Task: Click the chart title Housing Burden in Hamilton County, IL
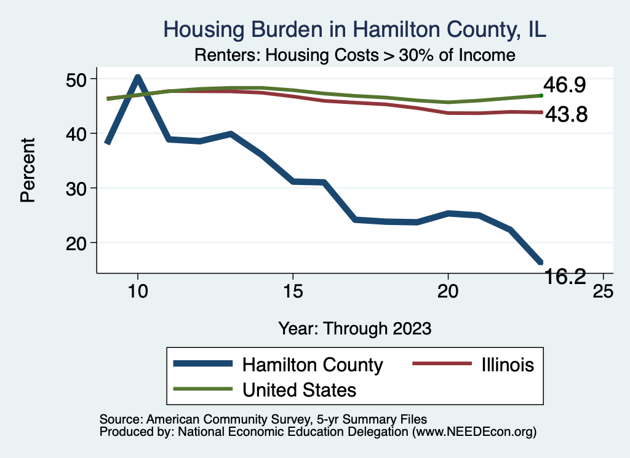(x=354, y=30)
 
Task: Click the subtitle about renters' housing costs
(x=354, y=55)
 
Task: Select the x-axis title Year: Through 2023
(x=354, y=328)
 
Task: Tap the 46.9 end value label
(x=564, y=85)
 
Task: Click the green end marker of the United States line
(x=541, y=95)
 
